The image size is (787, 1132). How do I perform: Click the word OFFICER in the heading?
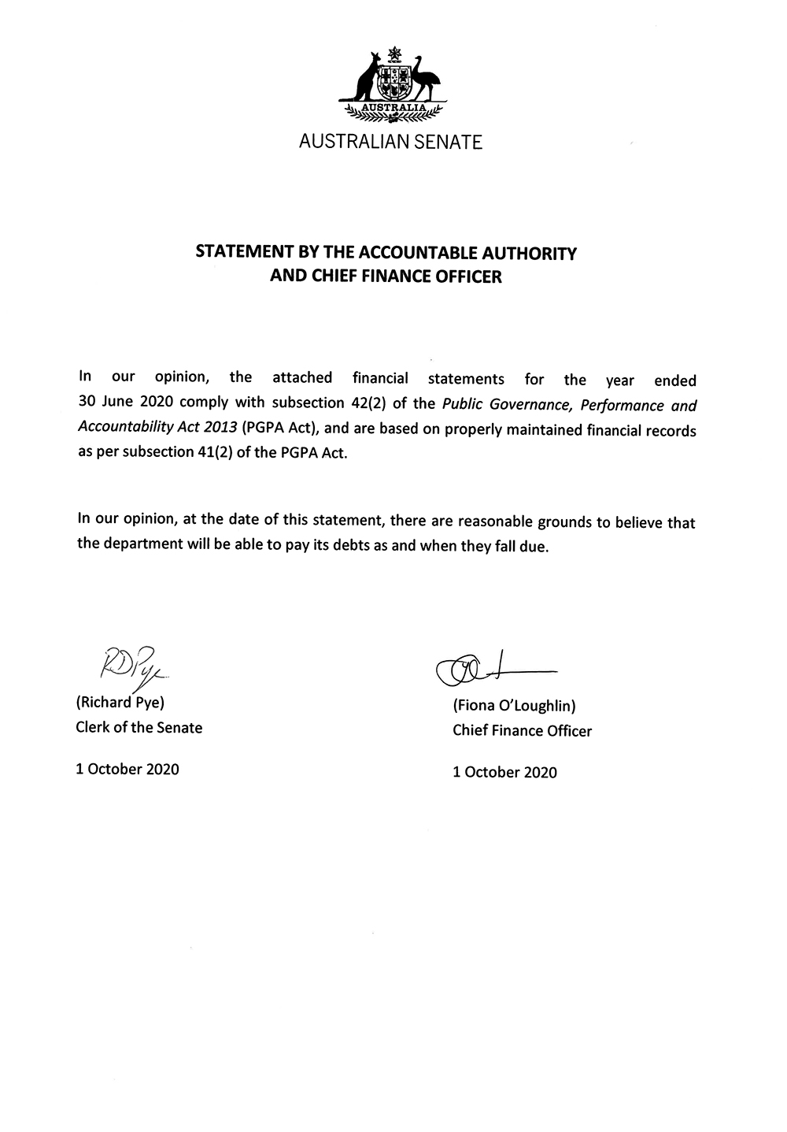coord(471,277)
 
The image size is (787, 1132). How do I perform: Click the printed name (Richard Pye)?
coord(120,703)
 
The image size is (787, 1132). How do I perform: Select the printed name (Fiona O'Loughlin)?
coord(515,707)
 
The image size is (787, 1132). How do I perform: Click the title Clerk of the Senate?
coord(139,728)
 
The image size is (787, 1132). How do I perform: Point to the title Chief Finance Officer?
coord(522,731)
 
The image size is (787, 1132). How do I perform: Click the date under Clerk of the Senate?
coord(127,769)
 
